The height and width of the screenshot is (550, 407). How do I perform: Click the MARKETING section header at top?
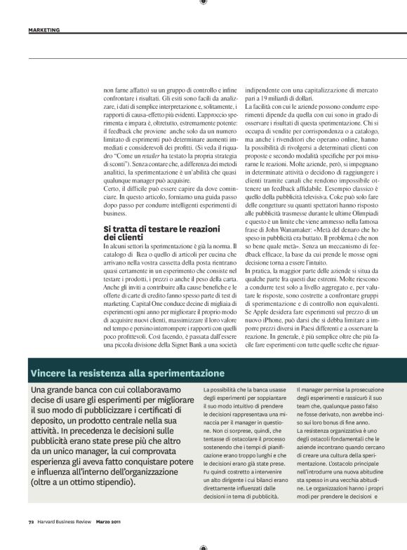coord(44,30)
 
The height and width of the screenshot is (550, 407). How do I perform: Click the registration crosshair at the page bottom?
coord(203,546)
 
